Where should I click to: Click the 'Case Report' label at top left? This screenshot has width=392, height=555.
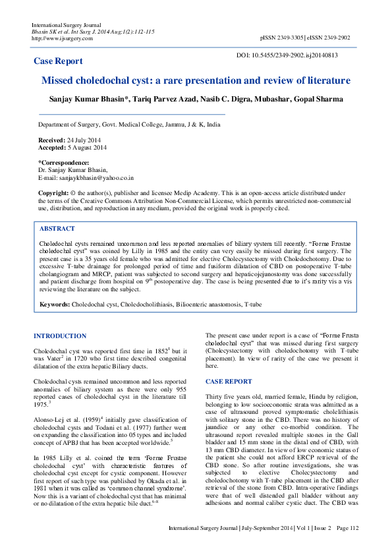click(x=58, y=61)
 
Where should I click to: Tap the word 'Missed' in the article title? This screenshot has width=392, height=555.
click(x=63, y=81)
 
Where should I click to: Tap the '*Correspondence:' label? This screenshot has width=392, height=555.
click(x=63, y=163)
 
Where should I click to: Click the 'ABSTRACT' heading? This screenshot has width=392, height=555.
click(x=57, y=229)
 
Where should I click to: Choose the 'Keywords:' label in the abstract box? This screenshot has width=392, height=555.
click(x=55, y=305)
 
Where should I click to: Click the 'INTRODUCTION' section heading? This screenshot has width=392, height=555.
click(x=60, y=336)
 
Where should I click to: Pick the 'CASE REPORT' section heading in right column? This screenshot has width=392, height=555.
click(x=229, y=382)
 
